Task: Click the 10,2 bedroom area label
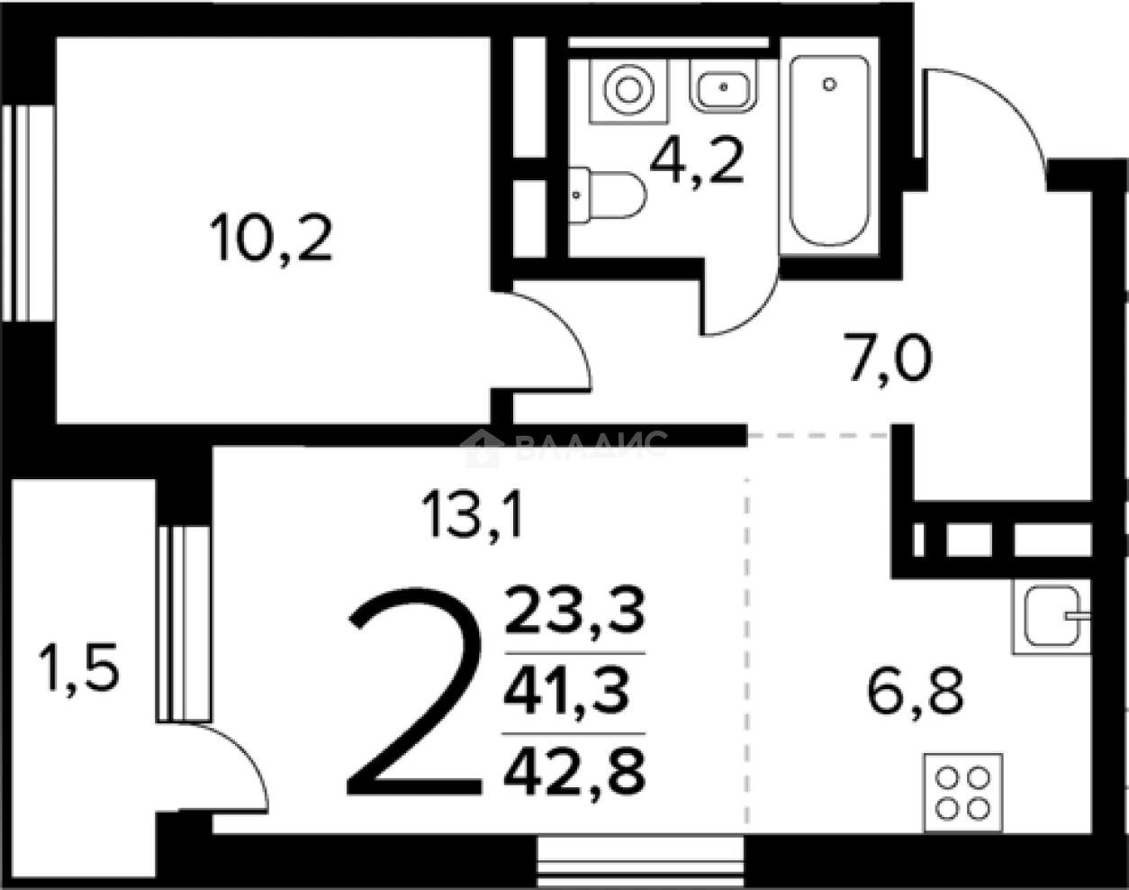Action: pyautogui.click(x=271, y=240)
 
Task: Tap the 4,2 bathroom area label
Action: pyautogui.click(x=698, y=163)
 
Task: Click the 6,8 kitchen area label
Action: pyautogui.click(x=916, y=693)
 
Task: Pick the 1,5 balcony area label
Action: pyautogui.click(x=78, y=671)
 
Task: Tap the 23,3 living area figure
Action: pyautogui.click(x=575, y=611)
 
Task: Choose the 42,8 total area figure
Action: pyautogui.click(x=575, y=770)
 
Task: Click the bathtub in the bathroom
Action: pyautogui.click(x=829, y=150)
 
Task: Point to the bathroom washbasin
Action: pyautogui.click(x=724, y=88)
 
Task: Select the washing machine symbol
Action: pyautogui.click(x=628, y=89)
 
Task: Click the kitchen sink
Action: pyautogui.click(x=1052, y=616)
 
